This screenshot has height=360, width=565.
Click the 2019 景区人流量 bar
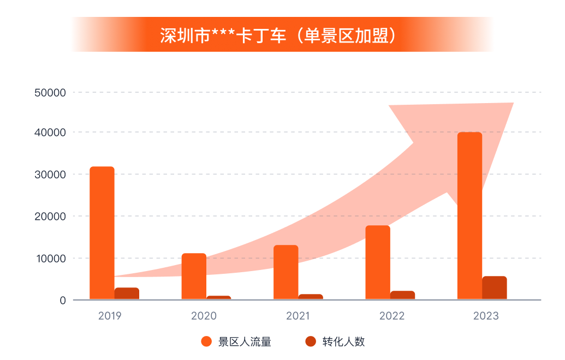pyautogui.click(x=102, y=233)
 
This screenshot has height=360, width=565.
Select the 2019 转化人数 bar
pyautogui.click(x=127, y=293)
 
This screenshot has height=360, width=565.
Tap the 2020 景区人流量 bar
pyautogui.click(x=194, y=277)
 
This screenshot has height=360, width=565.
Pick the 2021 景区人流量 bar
pyautogui.click(x=286, y=272)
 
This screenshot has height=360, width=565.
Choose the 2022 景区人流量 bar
pyautogui.click(x=378, y=262)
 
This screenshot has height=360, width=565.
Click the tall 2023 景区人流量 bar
pyautogui.click(x=469, y=215)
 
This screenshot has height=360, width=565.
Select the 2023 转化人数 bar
pyautogui.click(x=494, y=288)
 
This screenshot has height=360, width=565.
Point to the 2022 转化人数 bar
pyautogui.click(x=402, y=295)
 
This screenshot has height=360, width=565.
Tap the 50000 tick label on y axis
pyautogui.click(x=50, y=93)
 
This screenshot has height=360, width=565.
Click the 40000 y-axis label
pyautogui.click(x=50, y=133)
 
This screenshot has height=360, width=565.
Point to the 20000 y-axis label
pyautogui.click(x=50, y=217)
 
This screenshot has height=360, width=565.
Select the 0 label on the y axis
pyautogui.click(x=63, y=301)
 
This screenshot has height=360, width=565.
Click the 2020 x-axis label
pyautogui.click(x=204, y=316)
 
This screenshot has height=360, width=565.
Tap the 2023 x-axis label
pyautogui.click(x=486, y=316)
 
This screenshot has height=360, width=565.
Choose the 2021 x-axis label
pyautogui.click(x=298, y=316)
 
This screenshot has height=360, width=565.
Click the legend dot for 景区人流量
pyautogui.click(x=206, y=342)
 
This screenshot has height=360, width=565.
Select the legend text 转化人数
pyautogui.click(x=343, y=342)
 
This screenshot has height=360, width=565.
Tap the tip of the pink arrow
pyautogui.click(x=512, y=104)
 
